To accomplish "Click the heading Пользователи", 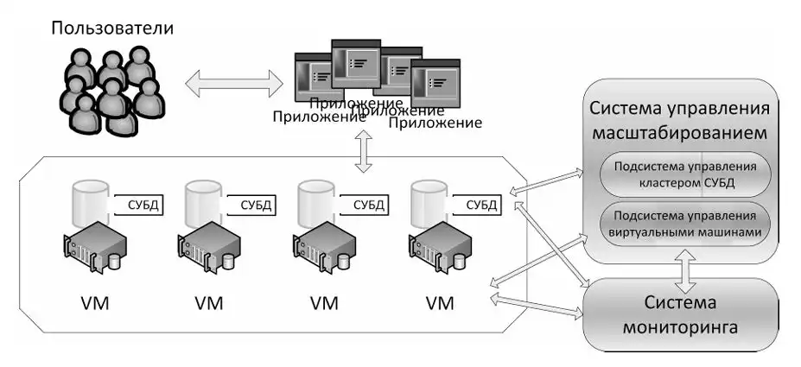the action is pyautogui.click(x=112, y=28).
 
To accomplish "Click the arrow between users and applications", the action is pyautogui.click(x=234, y=82).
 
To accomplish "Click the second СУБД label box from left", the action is pyautogui.click(x=251, y=206).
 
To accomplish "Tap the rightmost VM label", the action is pyautogui.click(x=439, y=303).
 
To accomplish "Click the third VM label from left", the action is pyautogui.click(x=324, y=303).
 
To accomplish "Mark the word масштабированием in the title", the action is pyautogui.click(x=679, y=133).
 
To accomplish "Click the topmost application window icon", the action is pyautogui.click(x=356, y=63).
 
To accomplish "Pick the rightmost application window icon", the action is pyautogui.click(x=435, y=83).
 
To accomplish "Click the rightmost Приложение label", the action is pyautogui.click(x=435, y=123).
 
